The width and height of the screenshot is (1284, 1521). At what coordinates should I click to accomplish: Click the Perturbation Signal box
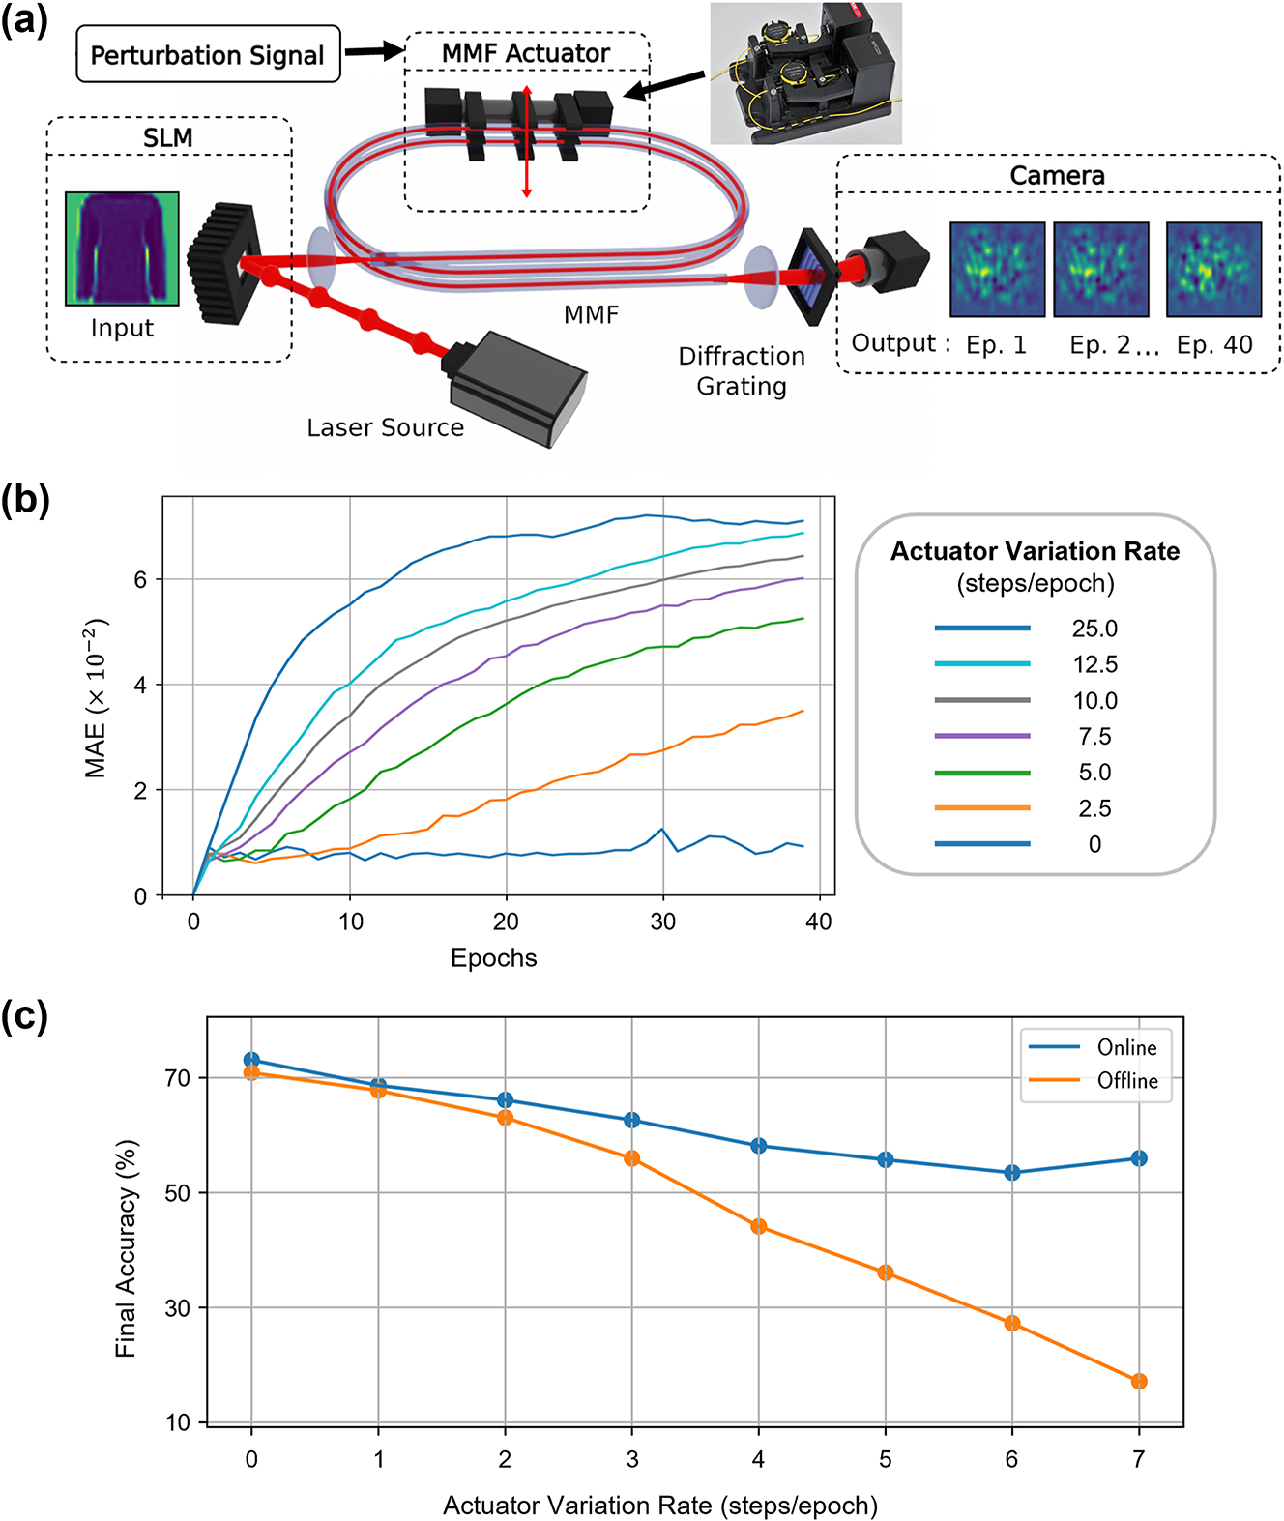pos(208,55)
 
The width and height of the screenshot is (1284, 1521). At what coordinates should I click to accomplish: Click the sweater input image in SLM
pos(122,249)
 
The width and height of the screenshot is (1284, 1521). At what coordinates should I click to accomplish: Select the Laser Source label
pos(385,427)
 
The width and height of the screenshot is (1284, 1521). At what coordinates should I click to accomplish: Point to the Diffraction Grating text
pos(742,371)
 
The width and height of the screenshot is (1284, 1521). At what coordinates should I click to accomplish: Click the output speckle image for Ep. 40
pos(1213,270)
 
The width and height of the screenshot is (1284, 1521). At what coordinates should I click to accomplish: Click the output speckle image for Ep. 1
pos(997,270)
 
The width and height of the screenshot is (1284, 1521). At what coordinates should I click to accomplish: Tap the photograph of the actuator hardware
pos(805,73)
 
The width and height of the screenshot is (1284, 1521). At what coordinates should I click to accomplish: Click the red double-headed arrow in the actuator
pos(527,141)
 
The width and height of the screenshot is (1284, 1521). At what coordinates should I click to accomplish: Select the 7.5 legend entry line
pos(982,737)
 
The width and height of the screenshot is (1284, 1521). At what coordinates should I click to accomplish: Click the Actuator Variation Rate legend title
pos(1035,551)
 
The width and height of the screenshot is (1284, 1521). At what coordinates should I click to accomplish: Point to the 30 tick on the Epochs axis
pos(662,921)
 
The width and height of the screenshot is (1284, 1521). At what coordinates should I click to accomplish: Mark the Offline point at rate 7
pos(1139,1381)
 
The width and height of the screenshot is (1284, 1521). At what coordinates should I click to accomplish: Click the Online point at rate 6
pos(1012,1172)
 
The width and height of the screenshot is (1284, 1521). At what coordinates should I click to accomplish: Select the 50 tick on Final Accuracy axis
pos(178,1192)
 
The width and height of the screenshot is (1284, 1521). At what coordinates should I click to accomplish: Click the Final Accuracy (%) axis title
pos(127,1247)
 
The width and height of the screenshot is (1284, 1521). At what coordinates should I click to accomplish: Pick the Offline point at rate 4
pos(759,1226)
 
